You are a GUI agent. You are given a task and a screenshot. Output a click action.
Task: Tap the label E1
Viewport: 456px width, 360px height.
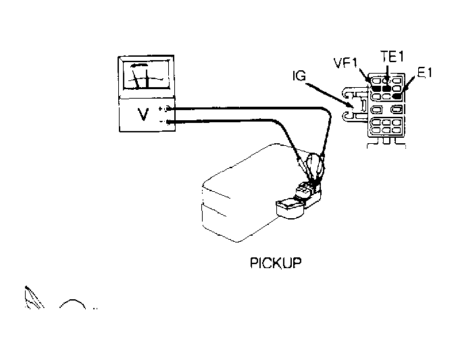425,73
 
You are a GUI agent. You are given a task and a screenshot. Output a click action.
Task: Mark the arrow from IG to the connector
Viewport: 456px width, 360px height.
331,95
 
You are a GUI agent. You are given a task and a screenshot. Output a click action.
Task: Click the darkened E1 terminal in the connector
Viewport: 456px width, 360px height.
398,87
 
